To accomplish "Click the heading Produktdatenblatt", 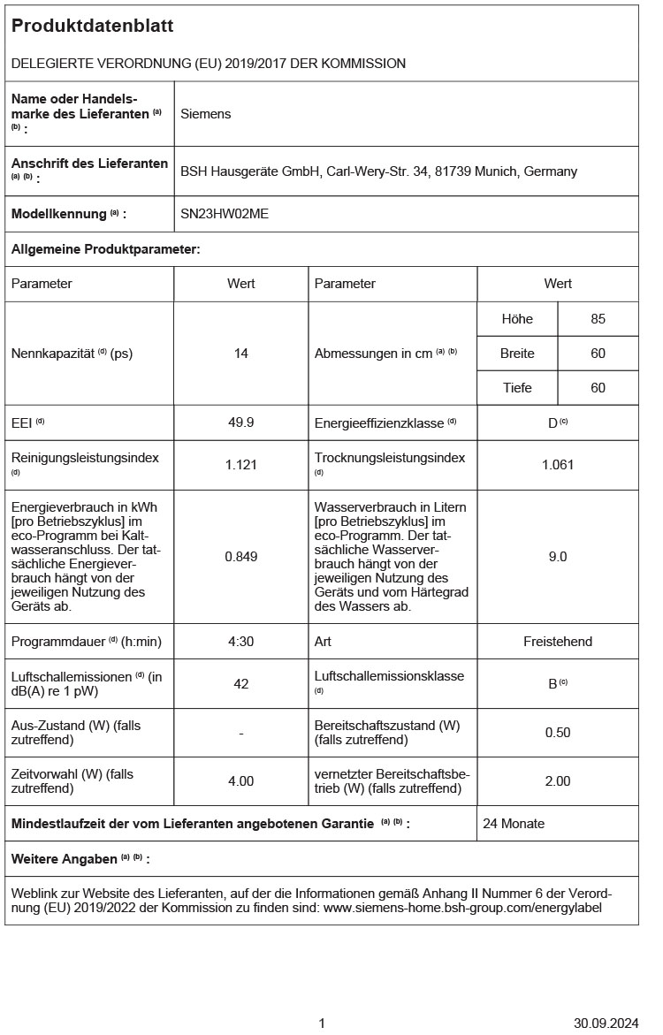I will (x=92, y=27).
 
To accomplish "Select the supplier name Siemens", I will (x=206, y=114).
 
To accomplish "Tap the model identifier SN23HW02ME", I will (x=225, y=214).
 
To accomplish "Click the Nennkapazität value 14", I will (x=241, y=354).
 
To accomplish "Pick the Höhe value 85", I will (x=598, y=319).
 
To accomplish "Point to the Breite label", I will (x=517, y=354).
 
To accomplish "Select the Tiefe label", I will (x=517, y=388).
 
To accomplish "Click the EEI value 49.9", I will (x=241, y=422).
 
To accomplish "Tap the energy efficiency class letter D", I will (x=552, y=422).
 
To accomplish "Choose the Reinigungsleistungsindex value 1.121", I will (x=241, y=465).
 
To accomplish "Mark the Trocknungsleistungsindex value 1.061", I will (x=558, y=465).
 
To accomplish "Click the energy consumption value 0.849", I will (x=241, y=557).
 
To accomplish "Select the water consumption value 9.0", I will (x=558, y=557).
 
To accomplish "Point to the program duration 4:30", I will (x=241, y=641).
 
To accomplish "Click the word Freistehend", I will (x=558, y=641).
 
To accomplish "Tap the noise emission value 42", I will (x=241, y=683).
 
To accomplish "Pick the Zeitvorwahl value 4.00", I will (x=241, y=781).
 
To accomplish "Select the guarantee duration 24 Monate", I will (x=514, y=824).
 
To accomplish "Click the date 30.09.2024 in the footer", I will (x=606, y=1024).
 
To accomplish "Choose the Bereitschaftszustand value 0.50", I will (x=558, y=733).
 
